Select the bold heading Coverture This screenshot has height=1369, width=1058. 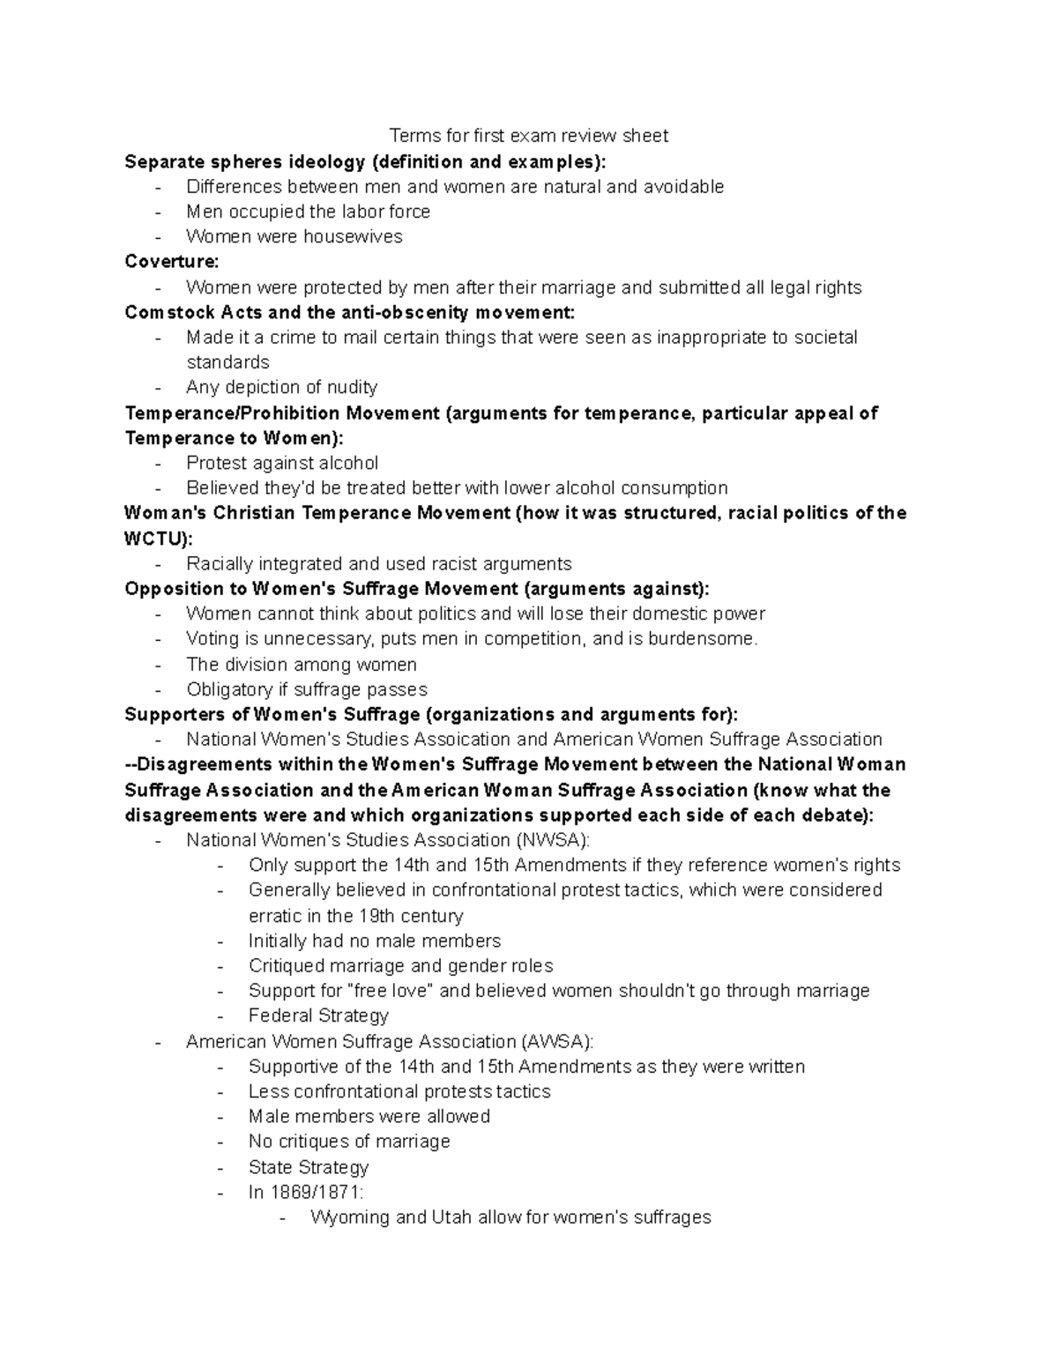pyautogui.click(x=171, y=262)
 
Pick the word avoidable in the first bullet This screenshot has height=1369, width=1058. pyautogui.click(x=683, y=186)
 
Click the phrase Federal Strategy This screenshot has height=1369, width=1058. pyautogui.click(x=318, y=1016)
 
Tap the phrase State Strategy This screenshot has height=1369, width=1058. pyautogui.click(x=309, y=1167)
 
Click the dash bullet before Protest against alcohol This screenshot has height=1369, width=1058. pyautogui.click(x=158, y=464)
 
